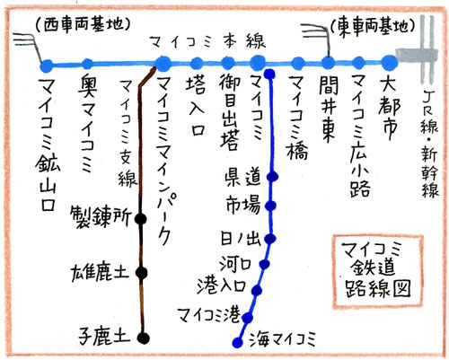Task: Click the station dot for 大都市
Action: (390, 63)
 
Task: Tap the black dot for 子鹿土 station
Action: (144, 338)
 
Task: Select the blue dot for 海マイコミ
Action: (238, 342)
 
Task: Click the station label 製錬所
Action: (101, 217)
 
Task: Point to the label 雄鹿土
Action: (100, 273)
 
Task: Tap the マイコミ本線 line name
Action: (208, 42)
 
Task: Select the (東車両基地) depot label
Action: (374, 26)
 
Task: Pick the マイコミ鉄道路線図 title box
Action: (378, 272)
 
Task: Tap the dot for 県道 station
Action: (273, 177)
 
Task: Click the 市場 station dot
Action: (271, 206)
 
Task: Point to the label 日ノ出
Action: (241, 238)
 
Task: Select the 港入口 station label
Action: (222, 286)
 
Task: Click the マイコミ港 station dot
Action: (248, 318)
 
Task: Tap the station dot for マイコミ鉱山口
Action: (47, 66)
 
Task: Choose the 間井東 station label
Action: (328, 109)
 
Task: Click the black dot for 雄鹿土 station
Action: (141, 273)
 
